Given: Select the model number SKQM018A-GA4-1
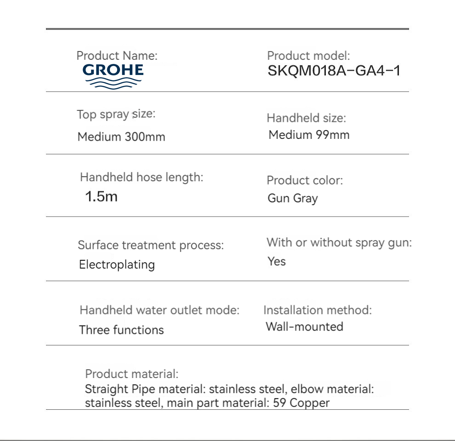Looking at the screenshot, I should (334, 71).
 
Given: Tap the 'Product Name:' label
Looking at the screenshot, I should (117, 56).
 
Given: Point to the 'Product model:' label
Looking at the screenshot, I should (308, 56).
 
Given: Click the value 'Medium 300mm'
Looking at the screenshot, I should (121, 137).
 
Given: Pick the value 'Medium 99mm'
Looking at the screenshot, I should (309, 135).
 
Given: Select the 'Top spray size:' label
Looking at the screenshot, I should (116, 115).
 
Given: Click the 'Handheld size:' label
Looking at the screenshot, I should (306, 118).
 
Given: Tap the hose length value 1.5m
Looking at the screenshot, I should (101, 197).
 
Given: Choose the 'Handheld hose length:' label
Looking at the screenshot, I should (142, 177).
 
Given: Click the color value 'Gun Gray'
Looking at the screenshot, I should (293, 199).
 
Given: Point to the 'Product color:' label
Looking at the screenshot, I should (305, 180).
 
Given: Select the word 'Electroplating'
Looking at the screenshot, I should (117, 265).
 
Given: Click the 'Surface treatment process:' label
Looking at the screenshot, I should (151, 245).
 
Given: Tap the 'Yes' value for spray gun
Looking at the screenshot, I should (277, 262).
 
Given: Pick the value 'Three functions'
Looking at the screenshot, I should (121, 330).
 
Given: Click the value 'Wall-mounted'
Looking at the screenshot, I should (304, 327).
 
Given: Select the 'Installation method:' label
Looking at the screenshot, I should (317, 310).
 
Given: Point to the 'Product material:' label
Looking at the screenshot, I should (132, 374).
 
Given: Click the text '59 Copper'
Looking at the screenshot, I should (301, 403).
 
